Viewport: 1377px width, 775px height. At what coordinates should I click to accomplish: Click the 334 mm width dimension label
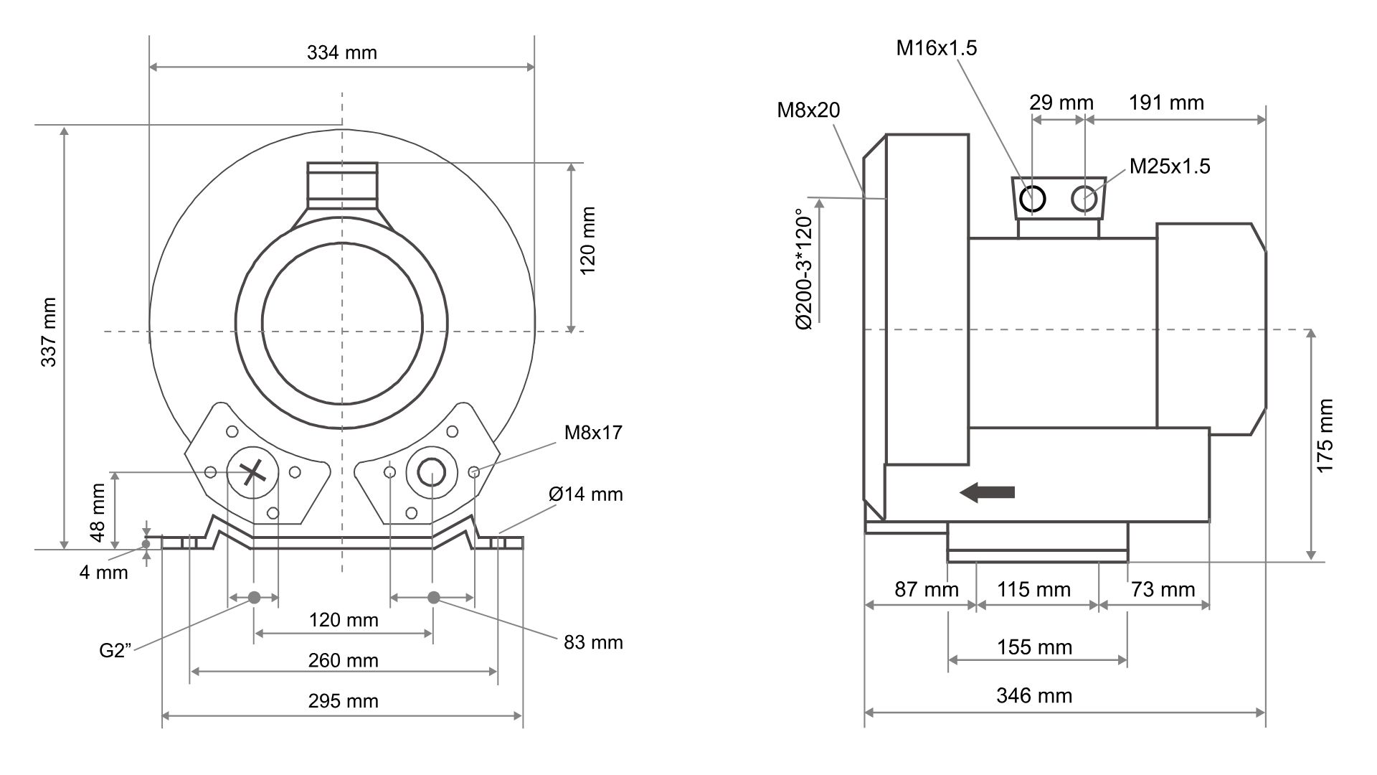[x=341, y=52]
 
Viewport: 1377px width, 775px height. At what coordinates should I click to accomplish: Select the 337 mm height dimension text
[x=49, y=332]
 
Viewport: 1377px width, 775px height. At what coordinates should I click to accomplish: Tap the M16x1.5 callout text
[x=937, y=48]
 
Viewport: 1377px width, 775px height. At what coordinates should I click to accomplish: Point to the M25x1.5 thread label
[x=1170, y=166]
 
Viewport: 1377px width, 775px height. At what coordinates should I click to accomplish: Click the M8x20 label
[x=808, y=110]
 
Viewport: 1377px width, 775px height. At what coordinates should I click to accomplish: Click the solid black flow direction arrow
[x=988, y=492]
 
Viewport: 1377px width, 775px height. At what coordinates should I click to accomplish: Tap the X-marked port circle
[x=252, y=472]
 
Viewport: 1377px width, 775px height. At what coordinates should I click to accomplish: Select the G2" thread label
[x=115, y=651]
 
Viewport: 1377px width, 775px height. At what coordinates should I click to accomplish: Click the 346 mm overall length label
[x=1034, y=695]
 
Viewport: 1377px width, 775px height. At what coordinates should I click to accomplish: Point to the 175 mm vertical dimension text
[x=1325, y=436]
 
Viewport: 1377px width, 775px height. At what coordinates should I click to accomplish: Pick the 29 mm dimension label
[x=1061, y=103]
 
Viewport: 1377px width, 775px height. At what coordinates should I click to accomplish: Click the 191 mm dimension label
[x=1166, y=103]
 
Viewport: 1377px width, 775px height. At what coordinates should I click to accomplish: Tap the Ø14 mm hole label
[x=586, y=494]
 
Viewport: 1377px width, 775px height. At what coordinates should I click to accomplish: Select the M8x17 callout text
[x=593, y=433]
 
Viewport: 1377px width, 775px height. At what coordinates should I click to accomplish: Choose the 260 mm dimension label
[x=343, y=660]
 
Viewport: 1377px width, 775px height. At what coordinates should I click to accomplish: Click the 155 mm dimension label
[x=1034, y=647]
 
